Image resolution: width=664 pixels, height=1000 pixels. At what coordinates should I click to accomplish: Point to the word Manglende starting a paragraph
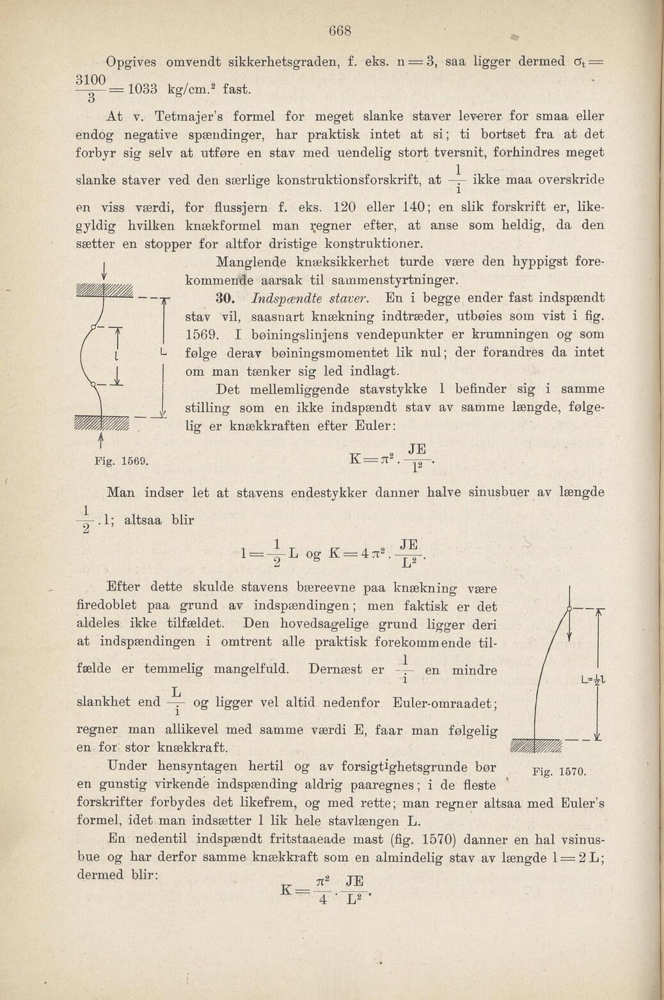point(253,262)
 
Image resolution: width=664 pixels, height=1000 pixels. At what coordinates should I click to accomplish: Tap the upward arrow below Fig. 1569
point(102,440)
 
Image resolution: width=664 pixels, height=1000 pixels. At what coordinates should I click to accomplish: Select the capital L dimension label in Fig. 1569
point(164,352)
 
